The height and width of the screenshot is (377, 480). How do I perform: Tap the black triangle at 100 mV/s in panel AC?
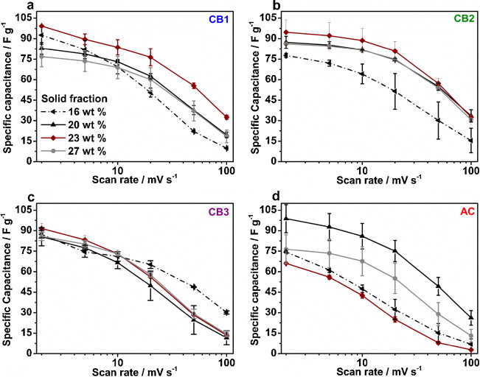tap(470, 317)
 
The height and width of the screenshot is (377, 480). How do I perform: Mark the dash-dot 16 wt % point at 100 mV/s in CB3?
tap(226, 312)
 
